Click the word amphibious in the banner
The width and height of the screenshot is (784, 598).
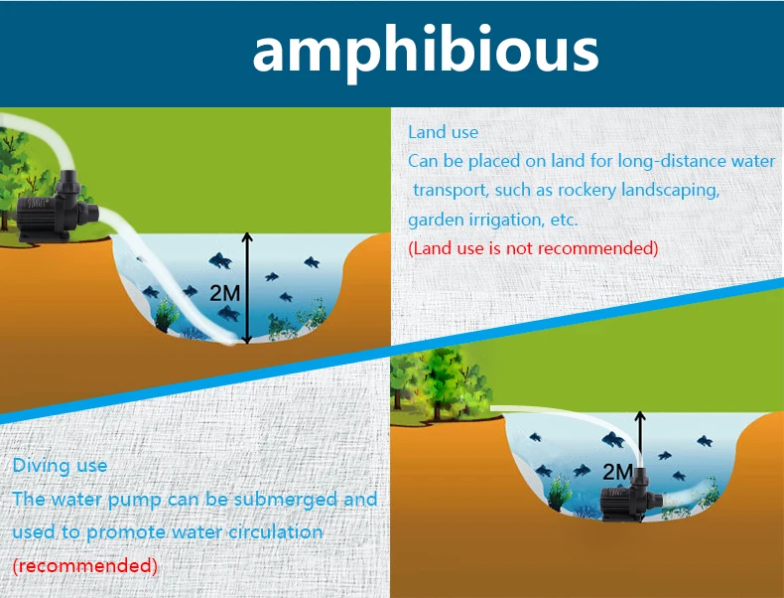point(426,52)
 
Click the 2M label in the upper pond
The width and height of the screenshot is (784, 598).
point(224,293)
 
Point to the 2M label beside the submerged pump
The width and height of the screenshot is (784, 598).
point(617,472)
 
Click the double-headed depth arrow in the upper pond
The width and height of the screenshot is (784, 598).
point(247,288)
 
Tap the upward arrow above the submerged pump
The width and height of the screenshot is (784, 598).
point(640,439)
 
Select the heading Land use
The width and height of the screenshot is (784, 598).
point(443,132)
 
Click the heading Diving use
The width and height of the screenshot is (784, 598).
point(60,466)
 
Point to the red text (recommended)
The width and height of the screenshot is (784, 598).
point(85,566)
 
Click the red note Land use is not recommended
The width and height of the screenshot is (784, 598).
point(533,248)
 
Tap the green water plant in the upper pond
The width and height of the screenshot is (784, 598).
point(166,315)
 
